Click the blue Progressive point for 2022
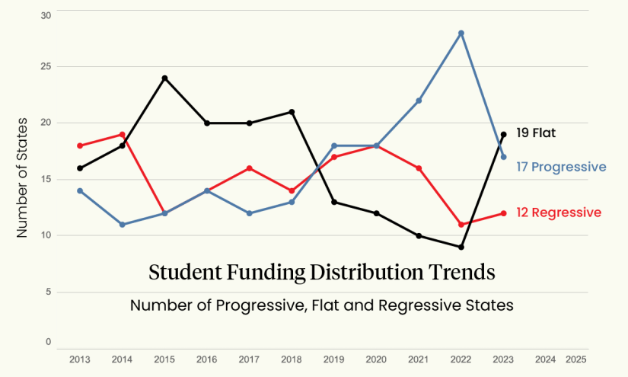click(461, 33)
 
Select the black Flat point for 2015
click(164, 78)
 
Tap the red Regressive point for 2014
click(122, 135)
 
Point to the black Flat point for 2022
click(461, 248)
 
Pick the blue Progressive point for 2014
click(122, 225)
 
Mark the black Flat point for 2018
click(292, 112)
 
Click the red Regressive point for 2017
click(249, 168)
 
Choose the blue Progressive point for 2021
click(419, 101)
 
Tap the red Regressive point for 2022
click(461, 225)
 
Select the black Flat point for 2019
click(334, 202)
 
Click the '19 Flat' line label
click(536, 133)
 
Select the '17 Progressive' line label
click(561, 167)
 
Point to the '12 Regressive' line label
click(559, 212)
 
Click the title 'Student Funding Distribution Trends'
click(322, 273)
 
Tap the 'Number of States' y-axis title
click(24, 176)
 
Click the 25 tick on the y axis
click(46, 66)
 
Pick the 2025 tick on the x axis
click(576, 359)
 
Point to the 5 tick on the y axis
click(46, 292)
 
